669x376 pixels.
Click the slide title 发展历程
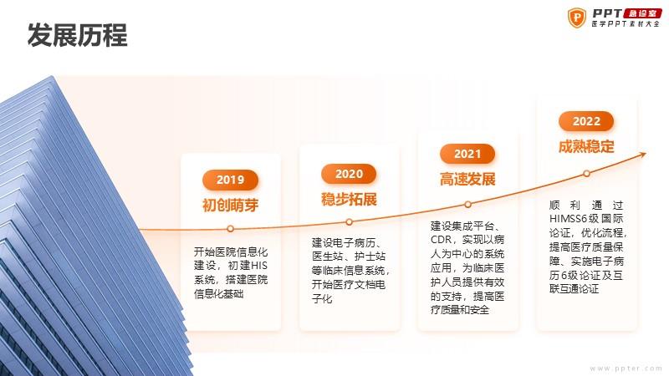click(x=77, y=35)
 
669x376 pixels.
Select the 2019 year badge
click(x=231, y=180)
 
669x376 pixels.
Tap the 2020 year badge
click(x=349, y=174)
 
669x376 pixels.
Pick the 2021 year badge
click(x=467, y=154)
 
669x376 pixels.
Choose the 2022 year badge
click(x=586, y=121)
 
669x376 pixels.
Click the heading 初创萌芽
click(x=231, y=206)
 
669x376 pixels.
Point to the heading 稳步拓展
click(x=349, y=200)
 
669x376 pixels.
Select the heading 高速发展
click(x=467, y=180)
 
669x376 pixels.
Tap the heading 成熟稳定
click(x=586, y=147)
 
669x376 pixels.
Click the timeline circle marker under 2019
click(x=231, y=229)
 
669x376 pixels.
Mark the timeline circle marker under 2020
click(x=349, y=222)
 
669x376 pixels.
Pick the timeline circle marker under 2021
click(x=467, y=205)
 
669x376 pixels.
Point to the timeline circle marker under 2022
click(x=587, y=174)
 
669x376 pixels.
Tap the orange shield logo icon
click(x=577, y=18)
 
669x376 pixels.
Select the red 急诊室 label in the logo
click(x=642, y=13)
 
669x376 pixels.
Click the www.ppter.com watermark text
click(x=626, y=368)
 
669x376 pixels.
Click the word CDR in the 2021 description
click(x=441, y=240)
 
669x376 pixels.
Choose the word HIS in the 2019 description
click(x=259, y=266)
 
